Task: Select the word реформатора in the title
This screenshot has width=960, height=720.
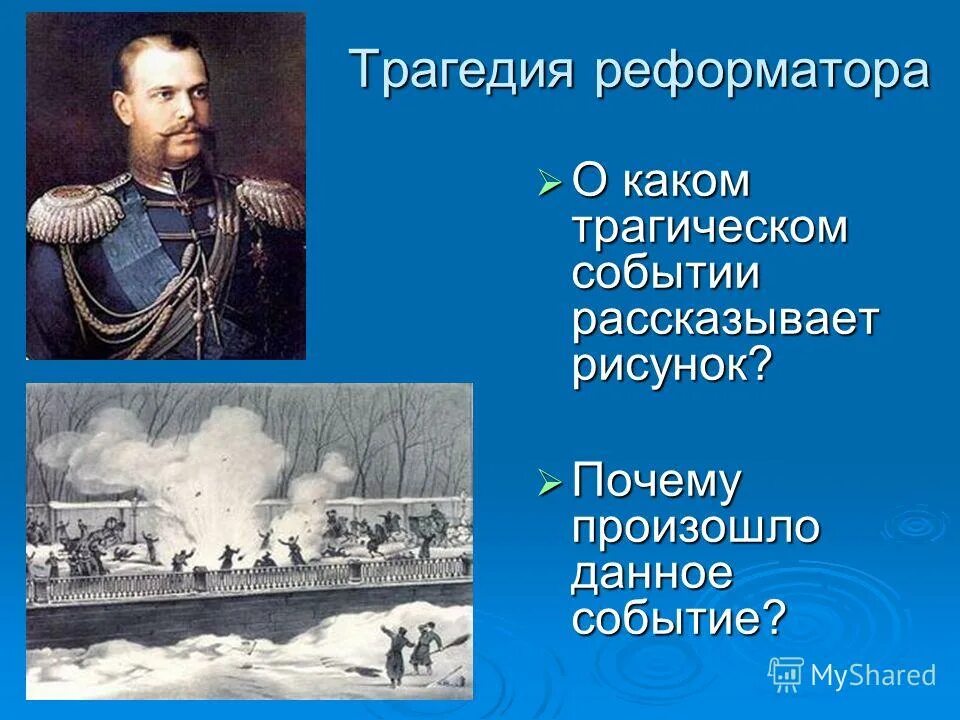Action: point(761,72)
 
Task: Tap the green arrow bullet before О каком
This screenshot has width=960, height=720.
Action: point(551,183)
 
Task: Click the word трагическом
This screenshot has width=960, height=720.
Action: point(710,228)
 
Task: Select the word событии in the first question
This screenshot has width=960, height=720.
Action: point(667,273)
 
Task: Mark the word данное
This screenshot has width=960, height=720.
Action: point(653,575)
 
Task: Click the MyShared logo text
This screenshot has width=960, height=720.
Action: point(873,675)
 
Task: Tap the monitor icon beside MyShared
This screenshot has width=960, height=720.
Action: point(786,675)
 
